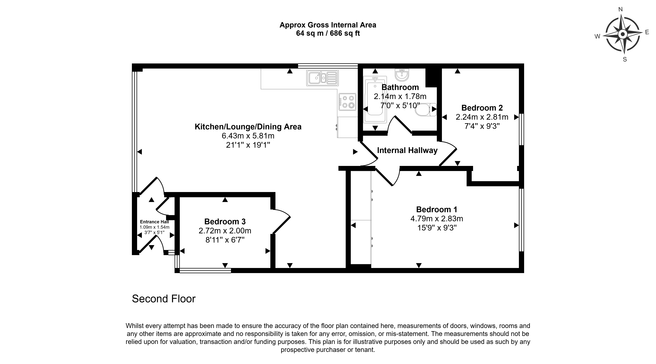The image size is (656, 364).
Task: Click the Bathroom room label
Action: (x=400, y=87)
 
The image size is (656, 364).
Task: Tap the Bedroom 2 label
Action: (x=482, y=108)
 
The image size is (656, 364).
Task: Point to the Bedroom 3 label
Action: (x=225, y=222)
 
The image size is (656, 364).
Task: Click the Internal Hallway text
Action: (x=407, y=150)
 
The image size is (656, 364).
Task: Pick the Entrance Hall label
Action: (x=154, y=222)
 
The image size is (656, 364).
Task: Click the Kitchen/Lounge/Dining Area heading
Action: (x=248, y=127)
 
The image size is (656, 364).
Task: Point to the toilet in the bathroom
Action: (x=426, y=110)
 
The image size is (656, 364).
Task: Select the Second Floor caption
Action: (x=164, y=299)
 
